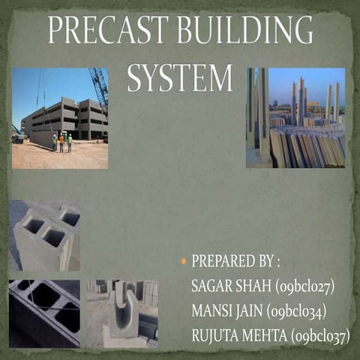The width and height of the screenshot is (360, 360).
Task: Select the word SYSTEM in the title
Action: [x=180, y=77]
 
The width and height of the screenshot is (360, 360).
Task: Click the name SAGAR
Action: [x=212, y=286]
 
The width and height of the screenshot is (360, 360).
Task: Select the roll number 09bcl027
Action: [x=304, y=286]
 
